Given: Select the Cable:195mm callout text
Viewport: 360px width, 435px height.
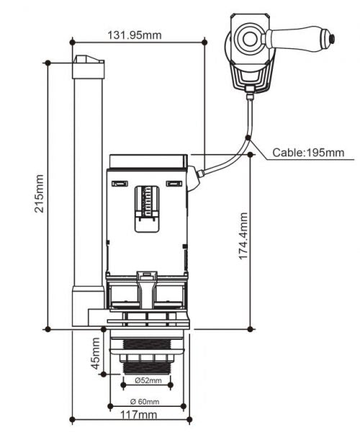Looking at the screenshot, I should (308, 153).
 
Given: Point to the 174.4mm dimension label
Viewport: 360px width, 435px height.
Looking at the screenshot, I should (244, 236).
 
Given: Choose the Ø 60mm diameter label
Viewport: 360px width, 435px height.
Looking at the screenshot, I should (145, 402).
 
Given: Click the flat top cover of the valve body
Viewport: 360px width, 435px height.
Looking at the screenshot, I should (148, 159).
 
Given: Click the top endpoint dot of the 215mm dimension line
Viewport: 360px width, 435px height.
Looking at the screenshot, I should (48, 63).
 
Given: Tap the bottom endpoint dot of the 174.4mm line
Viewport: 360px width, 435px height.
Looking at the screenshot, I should (250, 328).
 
